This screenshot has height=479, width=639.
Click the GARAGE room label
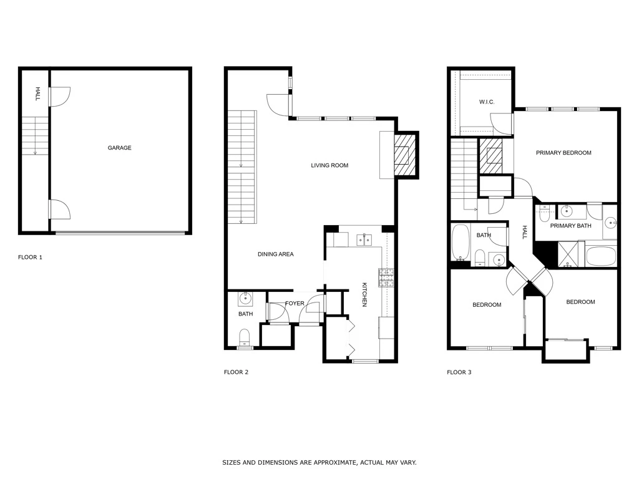119,148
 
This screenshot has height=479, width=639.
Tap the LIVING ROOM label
329,165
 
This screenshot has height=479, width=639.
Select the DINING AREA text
275,254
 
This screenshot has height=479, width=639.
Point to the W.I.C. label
487,102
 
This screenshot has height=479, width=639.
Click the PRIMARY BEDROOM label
563,153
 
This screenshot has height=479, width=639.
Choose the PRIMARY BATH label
570,226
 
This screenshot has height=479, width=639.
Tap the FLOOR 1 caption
30,257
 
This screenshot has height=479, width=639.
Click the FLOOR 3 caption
459,372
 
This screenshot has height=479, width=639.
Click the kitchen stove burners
386,278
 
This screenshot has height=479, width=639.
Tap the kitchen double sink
364,240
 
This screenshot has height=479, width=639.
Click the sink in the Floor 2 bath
245,299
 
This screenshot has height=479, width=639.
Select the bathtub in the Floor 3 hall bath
461,243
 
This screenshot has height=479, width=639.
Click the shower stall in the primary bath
571,254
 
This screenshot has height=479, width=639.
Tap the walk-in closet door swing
501,124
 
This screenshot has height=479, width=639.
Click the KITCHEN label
364,294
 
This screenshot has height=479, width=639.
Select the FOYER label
295,304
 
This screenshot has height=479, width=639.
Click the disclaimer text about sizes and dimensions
319,462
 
